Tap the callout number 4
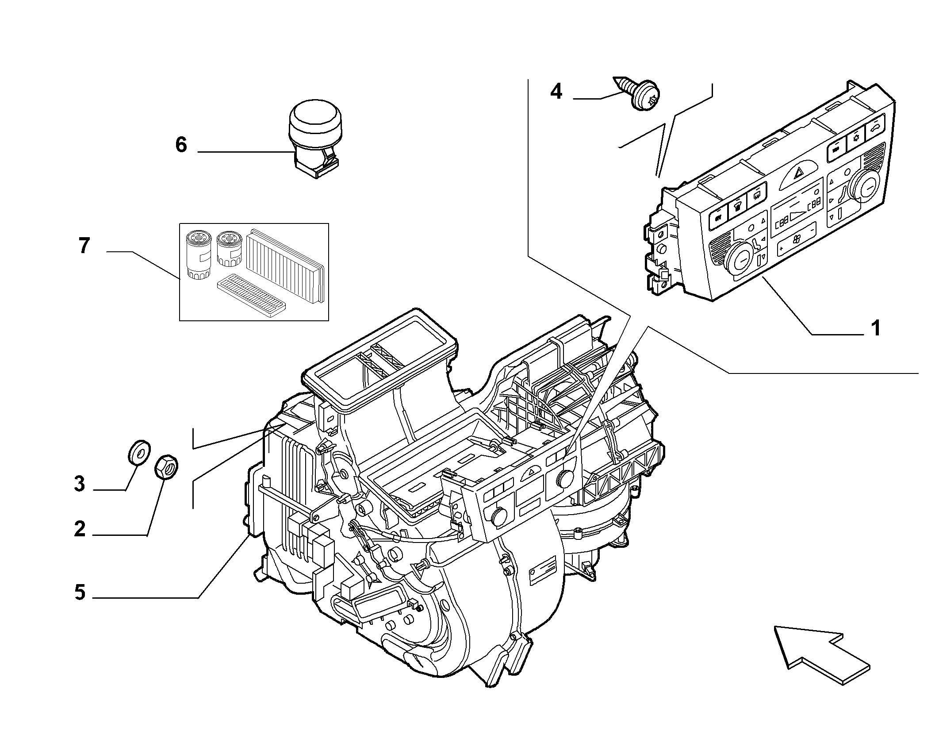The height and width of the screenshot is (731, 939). [556, 92]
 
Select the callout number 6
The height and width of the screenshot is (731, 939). [181, 145]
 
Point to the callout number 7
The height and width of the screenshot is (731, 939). [84, 246]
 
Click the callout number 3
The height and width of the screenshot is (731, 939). [80, 484]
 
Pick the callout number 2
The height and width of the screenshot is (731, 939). [80, 529]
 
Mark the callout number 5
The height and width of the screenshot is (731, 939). [80, 592]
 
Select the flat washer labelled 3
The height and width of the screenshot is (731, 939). [138, 452]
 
